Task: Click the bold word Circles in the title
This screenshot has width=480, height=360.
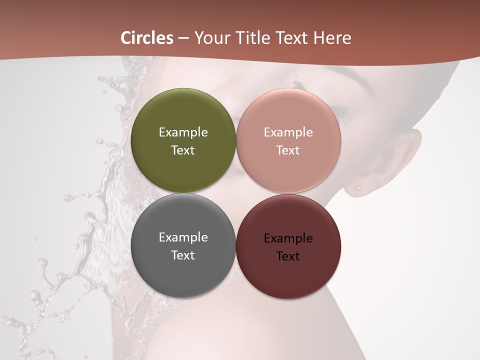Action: tap(146, 38)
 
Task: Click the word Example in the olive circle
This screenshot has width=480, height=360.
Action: tap(183, 132)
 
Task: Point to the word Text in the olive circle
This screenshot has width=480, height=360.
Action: tap(183, 150)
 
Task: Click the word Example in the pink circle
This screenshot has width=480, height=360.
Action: tap(288, 132)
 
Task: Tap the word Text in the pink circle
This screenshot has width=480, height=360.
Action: tap(288, 150)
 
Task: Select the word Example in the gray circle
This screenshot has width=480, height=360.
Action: tap(183, 237)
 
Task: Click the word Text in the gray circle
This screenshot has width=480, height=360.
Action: tap(183, 255)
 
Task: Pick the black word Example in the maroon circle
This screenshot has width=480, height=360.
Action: tap(288, 238)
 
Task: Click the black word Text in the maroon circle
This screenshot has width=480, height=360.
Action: tap(288, 256)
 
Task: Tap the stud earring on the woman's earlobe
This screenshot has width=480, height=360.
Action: tap(358, 188)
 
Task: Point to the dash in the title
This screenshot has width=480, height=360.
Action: tap(183, 38)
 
